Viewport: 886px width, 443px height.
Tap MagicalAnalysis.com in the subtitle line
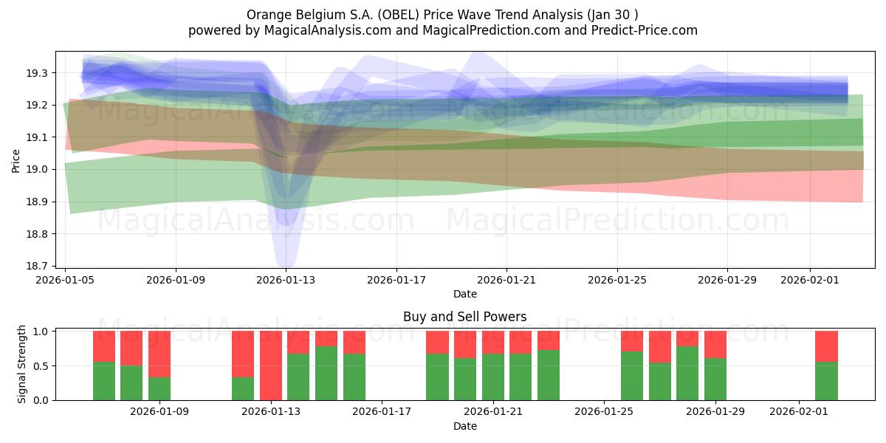coord(302,30)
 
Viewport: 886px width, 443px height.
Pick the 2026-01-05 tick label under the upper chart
coord(66,280)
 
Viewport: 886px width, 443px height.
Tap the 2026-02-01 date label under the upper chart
coord(810,280)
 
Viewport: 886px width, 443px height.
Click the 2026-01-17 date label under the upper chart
coord(396,280)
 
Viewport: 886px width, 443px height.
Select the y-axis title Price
coord(16,160)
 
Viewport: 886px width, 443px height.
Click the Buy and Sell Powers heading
coord(464,317)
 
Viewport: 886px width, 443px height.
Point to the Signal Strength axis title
coord(22,364)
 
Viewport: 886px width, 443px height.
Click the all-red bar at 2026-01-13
coord(271,365)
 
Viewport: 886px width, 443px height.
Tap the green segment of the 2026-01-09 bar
coord(159,388)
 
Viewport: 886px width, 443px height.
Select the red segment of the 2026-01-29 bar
coord(715,344)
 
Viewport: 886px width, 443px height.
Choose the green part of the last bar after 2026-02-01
coord(826,381)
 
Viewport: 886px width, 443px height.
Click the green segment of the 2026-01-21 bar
coord(493,377)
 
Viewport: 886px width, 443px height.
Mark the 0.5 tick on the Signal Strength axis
coord(41,365)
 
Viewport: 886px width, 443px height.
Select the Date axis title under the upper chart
coord(464,294)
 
